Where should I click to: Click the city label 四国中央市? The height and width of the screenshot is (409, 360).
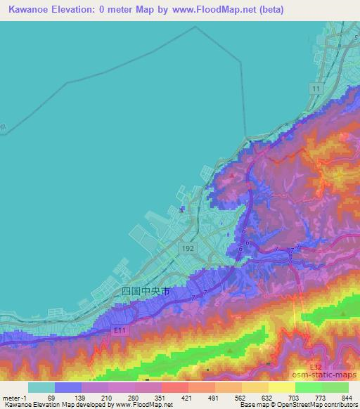(146, 291)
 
